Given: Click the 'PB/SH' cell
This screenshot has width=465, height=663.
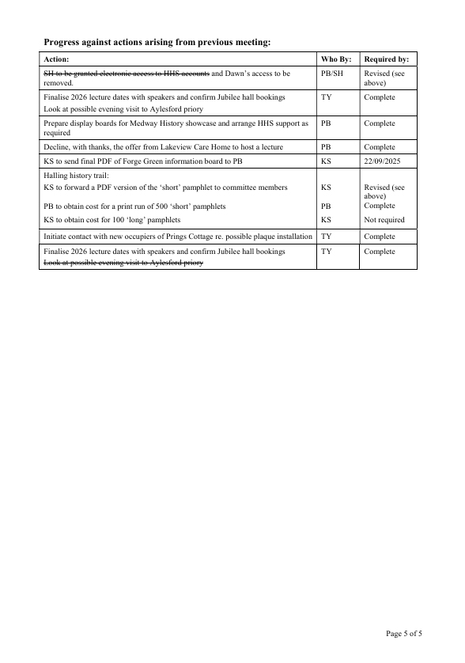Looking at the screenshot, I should coord(332,73).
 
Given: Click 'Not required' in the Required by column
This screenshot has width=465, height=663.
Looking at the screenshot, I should coord(384,220).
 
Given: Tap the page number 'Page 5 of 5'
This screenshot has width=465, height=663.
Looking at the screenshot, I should coord(409,633).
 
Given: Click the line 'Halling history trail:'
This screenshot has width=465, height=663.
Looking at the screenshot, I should coord(76,175).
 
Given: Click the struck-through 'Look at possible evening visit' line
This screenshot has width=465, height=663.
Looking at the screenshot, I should coord(123,263).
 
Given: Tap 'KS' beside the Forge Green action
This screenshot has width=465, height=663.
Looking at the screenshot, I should coord(326,161).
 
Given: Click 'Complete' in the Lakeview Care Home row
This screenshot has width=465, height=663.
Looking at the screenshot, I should coord(380,146).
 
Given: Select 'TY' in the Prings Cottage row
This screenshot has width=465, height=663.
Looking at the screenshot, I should coord(326,237).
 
